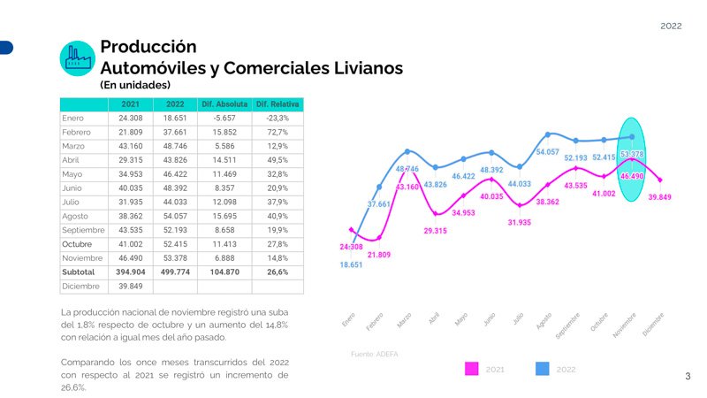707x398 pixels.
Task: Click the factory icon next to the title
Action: (x=77, y=57)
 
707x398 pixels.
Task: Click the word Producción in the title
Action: (x=148, y=46)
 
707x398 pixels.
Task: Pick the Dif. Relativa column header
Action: (x=277, y=104)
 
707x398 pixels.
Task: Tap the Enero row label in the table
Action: (x=72, y=118)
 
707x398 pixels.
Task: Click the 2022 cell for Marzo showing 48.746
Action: (x=175, y=145)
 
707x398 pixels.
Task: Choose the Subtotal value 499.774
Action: (x=175, y=272)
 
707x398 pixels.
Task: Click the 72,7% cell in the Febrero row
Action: (x=277, y=132)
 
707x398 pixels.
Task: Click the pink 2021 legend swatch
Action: (x=472, y=369)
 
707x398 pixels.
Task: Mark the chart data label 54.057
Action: (x=547, y=152)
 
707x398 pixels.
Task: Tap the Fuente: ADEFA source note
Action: (x=375, y=354)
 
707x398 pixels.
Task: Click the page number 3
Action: (x=688, y=377)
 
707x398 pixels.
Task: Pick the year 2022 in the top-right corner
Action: (x=671, y=27)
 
